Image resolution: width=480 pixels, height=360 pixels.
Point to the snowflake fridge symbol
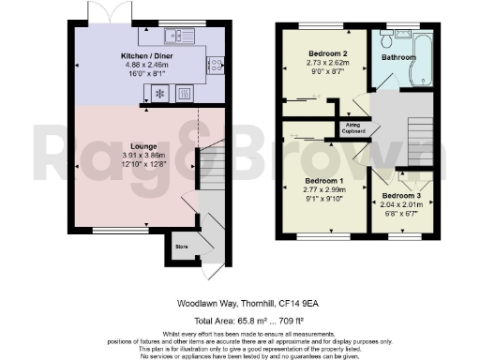click(158, 94)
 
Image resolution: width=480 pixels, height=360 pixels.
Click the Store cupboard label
click(181, 247)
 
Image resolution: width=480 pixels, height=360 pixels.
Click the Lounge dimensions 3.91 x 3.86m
click(142, 157)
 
